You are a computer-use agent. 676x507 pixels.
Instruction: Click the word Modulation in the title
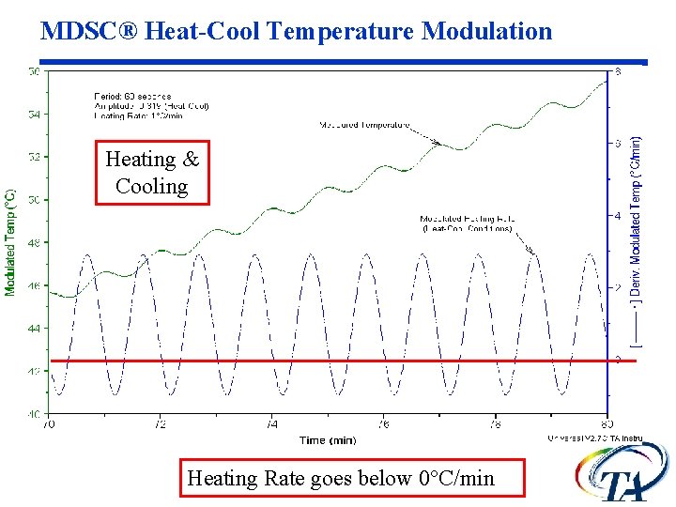487,31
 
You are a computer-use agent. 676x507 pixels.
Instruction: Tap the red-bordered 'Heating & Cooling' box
152,173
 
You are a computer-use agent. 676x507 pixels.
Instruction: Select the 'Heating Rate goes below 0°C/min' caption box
341,478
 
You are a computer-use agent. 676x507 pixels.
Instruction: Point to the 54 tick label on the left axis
33,115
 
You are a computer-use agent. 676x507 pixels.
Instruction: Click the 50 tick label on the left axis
33,200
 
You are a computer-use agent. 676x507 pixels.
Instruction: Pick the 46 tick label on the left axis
33,286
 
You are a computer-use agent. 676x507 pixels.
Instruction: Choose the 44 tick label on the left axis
33,329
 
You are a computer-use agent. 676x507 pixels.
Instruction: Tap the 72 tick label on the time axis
161,424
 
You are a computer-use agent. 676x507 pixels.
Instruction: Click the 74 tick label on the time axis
272,424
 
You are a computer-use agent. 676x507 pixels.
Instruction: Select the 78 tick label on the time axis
496,424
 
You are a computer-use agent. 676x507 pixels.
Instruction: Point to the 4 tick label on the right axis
617,215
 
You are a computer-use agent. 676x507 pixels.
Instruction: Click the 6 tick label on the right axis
617,143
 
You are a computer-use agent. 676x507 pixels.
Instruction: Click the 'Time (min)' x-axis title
327,439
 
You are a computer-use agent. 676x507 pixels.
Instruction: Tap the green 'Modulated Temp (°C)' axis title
10,241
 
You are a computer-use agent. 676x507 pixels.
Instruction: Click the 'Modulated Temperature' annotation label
365,124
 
